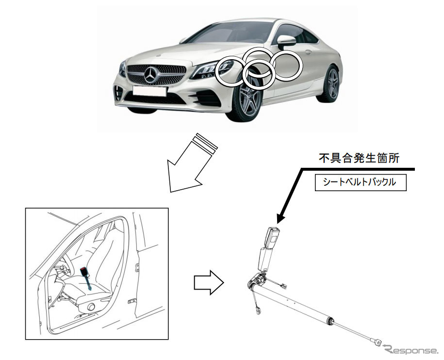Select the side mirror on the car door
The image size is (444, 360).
coord(286,41)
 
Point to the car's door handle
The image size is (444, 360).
coord(308,51)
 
